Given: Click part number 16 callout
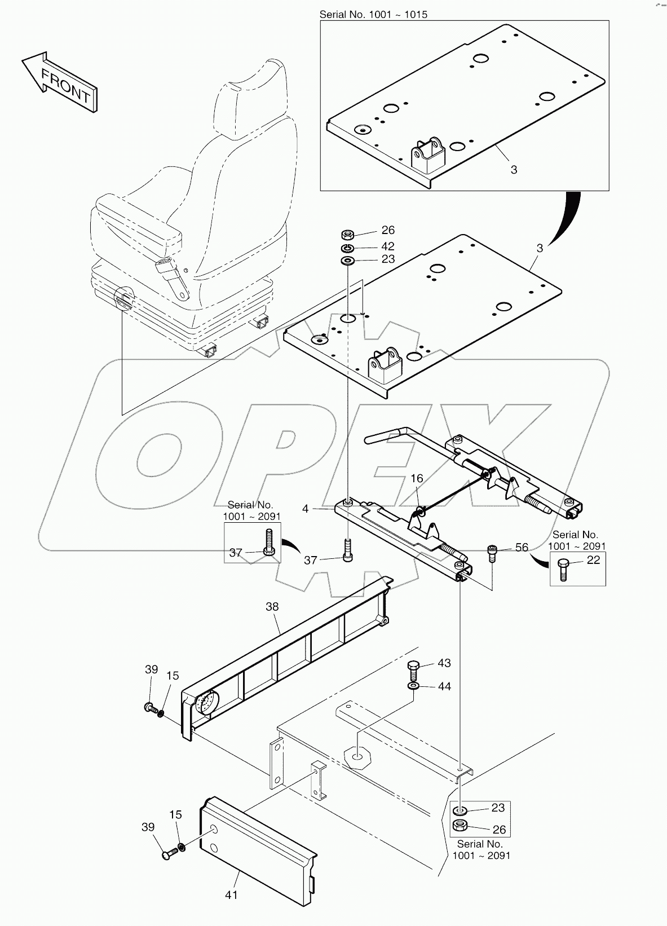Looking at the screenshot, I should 417,479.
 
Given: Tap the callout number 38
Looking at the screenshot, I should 272,607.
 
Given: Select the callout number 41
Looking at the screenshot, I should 231,894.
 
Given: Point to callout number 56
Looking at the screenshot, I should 522,547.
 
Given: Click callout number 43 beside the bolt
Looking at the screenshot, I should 444,663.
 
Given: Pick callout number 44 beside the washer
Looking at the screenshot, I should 444,686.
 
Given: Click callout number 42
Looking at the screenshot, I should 387,246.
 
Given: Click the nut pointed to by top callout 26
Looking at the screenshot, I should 348,234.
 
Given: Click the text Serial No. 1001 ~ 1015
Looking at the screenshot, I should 373,15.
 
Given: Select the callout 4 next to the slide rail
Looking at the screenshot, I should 306,509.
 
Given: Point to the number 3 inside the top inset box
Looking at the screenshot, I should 514,169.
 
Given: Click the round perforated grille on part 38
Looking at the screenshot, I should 207,703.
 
